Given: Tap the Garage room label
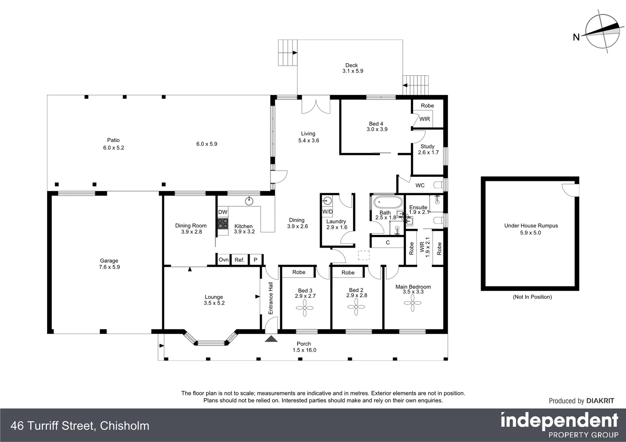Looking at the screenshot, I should click(109, 261).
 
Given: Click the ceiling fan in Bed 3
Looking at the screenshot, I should click(305, 307).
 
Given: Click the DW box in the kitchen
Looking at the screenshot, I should click(222, 212).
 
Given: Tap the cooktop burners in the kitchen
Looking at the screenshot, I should click(222, 223).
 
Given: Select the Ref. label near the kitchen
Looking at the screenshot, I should click(239, 260).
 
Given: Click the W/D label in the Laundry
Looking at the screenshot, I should click(327, 212).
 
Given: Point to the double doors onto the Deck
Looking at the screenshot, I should click(316, 106).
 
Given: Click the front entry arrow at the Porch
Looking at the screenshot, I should click(271, 339).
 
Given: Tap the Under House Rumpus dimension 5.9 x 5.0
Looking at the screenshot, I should click(531, 232).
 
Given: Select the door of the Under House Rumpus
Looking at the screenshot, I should click(569, 189).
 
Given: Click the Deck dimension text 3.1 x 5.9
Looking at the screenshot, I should click(353, 71).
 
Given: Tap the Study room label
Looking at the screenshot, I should click(427, 146).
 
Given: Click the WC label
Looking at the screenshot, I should click(420, 185).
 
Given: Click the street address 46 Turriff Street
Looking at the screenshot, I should click(80, 426).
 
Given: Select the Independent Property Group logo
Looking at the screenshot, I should click(559, 425).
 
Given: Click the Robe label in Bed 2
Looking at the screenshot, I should click(348, 273).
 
